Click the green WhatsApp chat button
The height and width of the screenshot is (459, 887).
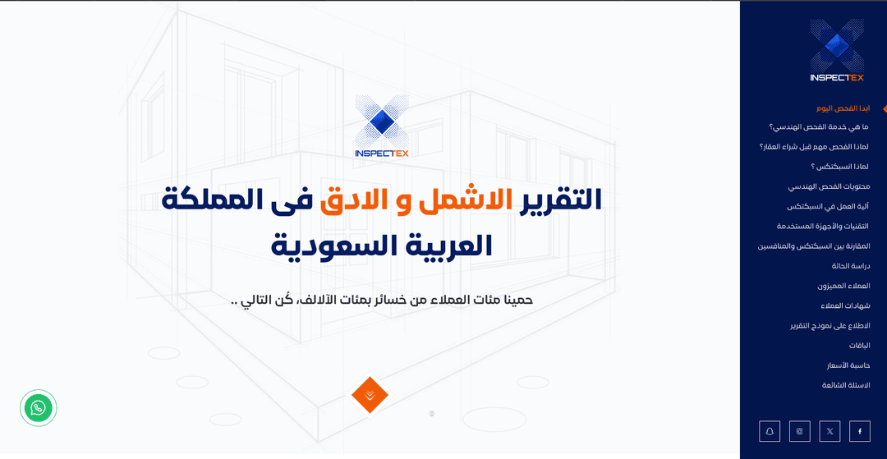[38, 407]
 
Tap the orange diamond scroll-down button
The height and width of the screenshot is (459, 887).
[370, 395]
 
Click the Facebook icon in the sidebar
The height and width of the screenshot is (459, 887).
[860, 431]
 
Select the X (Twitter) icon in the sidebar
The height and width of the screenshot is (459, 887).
[830, 431]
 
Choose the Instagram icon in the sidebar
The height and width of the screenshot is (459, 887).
[800, 431]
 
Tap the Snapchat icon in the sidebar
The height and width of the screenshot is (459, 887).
[770, 431]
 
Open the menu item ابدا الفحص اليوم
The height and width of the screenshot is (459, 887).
[842, 108]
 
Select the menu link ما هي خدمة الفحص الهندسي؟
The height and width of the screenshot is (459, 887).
[818, 127]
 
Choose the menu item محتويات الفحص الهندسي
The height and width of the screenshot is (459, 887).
[828, 186]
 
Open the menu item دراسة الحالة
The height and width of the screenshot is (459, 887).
[851, 266]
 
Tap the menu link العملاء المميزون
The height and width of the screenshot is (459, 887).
[843, 286]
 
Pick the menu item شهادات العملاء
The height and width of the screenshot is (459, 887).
[845, 305]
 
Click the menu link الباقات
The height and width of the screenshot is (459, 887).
[860, 346]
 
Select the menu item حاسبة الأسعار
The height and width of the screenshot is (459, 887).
[848, 365]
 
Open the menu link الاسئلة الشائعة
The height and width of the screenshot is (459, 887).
[846, 385]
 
